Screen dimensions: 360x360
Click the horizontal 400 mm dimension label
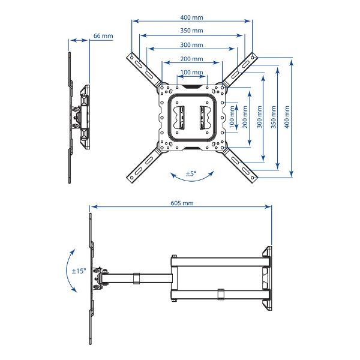[191, 17]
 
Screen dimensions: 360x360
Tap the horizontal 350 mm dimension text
[191, 31]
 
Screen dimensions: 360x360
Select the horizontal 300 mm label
[191, 45]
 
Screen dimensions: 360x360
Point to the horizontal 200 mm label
[191, 59]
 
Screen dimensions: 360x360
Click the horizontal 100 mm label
[191, 73]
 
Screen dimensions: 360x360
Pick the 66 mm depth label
[103, 36]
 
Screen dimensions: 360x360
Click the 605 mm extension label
[182, 203]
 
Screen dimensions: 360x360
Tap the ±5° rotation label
[191, 173]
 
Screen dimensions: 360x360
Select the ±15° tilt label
[79, 271]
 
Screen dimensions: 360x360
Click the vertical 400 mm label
[287, 117]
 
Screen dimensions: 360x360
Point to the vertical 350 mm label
[273, 117]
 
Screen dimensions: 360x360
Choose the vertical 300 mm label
[259, 117]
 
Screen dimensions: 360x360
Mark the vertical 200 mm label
[245, 117]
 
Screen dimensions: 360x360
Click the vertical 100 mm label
[232, 117]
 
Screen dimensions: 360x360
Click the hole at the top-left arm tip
[132, 58]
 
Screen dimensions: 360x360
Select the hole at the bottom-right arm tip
[253, 178]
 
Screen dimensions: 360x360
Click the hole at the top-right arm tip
[253, 57]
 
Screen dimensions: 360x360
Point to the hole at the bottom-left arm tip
[131, 178]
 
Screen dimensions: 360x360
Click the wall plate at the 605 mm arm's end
[268, 278]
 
